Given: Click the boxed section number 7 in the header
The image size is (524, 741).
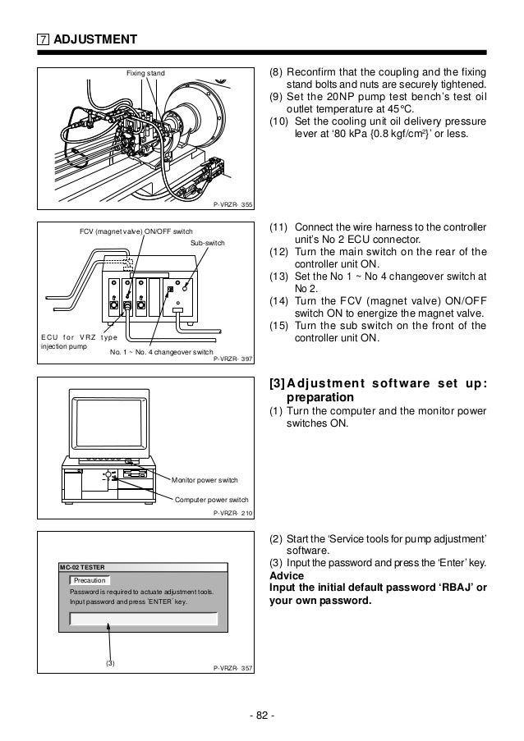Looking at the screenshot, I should click(42, 39).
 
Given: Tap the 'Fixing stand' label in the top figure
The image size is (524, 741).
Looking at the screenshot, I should click(145, 74).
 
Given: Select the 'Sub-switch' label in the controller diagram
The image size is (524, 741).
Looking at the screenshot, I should click(208, 244).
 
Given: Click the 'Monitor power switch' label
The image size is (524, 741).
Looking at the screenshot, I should click(205, 479).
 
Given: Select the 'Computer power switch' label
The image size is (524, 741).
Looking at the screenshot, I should click(211, 499).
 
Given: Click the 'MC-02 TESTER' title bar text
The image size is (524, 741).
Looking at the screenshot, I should click(82, 566).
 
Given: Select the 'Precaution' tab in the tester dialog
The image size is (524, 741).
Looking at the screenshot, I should click(90, 580).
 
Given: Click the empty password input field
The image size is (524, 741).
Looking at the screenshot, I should click(143, 618).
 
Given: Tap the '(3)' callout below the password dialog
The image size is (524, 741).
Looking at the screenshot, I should click(110, 662).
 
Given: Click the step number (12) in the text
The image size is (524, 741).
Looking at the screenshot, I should click(280, 251).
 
